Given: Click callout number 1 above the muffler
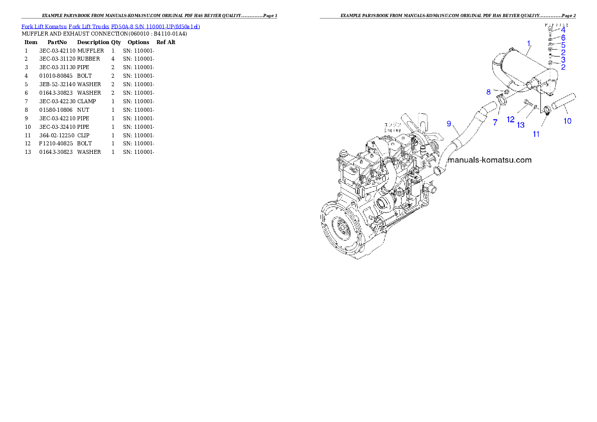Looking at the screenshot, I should (529, 44).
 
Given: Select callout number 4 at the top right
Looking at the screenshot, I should (563, 30).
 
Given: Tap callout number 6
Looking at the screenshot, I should (563, 38).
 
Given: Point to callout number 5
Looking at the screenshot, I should (563, 45).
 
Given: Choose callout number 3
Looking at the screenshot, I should (563, 60).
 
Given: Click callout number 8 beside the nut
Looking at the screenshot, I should (488, 92).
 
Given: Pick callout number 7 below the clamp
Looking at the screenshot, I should (495, 122).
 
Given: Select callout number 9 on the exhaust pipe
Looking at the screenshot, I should (449, 123).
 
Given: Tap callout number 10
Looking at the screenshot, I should (567, 121).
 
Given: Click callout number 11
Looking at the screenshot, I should (536, 134).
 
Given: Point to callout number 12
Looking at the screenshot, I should (511, 120).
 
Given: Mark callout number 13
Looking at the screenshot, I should (521, 125).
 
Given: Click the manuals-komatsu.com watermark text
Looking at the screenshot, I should (489, 160).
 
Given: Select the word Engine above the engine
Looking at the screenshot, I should (392, 130).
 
